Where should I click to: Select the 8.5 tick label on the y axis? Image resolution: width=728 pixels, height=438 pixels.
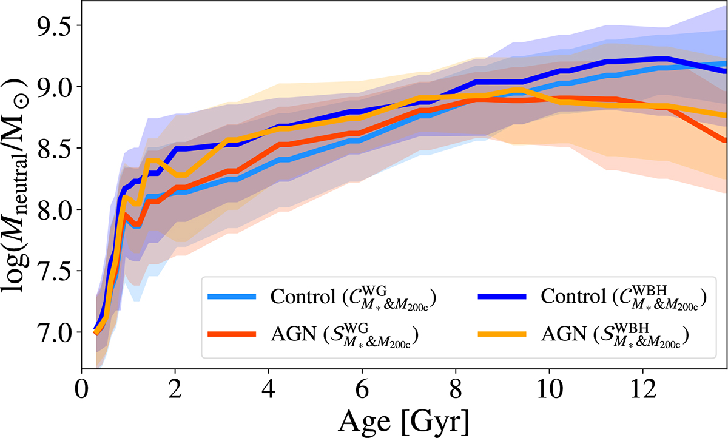(52, 148)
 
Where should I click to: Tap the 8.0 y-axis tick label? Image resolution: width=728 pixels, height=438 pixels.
(52, 209)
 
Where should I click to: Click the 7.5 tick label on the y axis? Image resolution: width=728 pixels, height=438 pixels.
(52, 271)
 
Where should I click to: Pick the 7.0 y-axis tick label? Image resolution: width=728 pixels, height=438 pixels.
(52, 332)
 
